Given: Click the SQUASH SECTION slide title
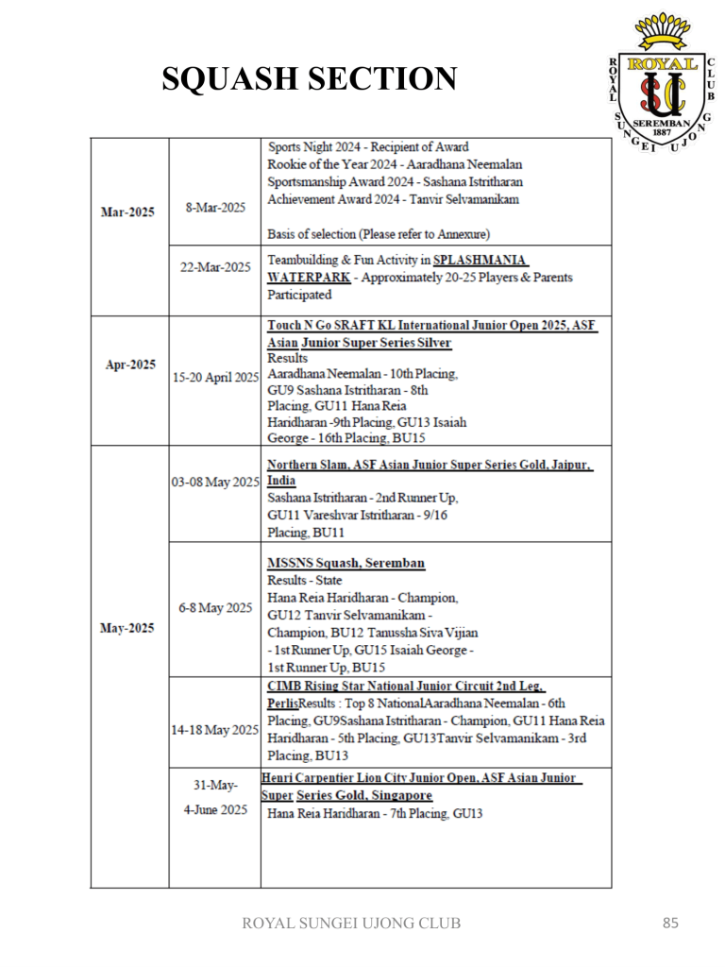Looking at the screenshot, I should tap(310, 79).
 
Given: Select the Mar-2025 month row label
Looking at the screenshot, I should tap(127, 212).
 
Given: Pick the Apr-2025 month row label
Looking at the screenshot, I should tap(127, 363).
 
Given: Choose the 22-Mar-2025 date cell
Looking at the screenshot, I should tap(216, 266).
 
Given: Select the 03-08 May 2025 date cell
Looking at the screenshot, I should tap(216, 483).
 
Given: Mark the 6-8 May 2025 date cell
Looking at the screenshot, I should tap(214, 607).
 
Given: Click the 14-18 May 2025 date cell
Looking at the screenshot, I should tap(216, 729).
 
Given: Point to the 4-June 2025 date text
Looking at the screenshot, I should tap(214, 809).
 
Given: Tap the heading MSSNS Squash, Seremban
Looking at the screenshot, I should tap(346, 564).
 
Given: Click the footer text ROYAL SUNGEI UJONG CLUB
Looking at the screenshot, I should tap(352, 924).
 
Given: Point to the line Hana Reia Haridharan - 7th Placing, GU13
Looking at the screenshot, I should tap(376, 812).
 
